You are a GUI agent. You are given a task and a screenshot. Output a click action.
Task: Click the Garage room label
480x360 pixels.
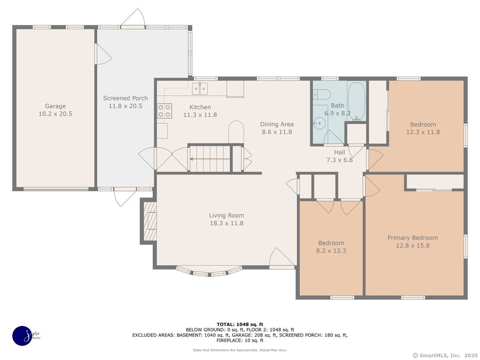click(55, 106)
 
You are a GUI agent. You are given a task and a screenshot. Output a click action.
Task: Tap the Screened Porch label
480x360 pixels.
click(126, 98)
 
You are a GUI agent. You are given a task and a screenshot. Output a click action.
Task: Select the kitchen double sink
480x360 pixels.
click(200, 88)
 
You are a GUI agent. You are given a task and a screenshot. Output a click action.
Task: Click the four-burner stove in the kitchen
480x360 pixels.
click(164, 111)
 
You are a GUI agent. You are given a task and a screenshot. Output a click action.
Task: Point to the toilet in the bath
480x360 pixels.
click(322, 94)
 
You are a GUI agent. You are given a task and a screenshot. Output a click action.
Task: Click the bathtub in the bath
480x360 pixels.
click(356, 101)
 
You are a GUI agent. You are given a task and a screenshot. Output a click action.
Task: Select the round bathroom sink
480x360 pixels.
click(319, 123)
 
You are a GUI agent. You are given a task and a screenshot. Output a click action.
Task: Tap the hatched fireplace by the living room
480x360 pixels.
click(150, 221)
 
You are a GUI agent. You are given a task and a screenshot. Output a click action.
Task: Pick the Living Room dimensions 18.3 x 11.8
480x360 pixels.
click(226, 223)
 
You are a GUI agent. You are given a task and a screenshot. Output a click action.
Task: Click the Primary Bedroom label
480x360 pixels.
click(413, 238)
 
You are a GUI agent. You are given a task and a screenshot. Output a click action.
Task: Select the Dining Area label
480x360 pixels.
click(277, 124)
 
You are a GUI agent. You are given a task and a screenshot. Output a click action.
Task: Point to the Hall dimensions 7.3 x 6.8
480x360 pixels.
click(340, 160)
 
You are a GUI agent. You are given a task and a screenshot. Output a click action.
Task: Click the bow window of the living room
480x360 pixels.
click(209, 272)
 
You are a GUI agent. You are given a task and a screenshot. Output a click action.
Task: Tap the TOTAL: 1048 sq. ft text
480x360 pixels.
click(240, 324)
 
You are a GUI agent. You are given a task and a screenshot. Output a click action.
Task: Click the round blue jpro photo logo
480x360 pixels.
click(22, 336)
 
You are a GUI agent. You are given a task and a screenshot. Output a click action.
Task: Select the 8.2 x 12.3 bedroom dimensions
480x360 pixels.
click(331, 251)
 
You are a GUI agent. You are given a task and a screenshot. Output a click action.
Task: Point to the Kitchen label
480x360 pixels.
click(200, 107)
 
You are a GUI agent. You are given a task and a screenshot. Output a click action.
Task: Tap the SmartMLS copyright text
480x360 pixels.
click(445, 356)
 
